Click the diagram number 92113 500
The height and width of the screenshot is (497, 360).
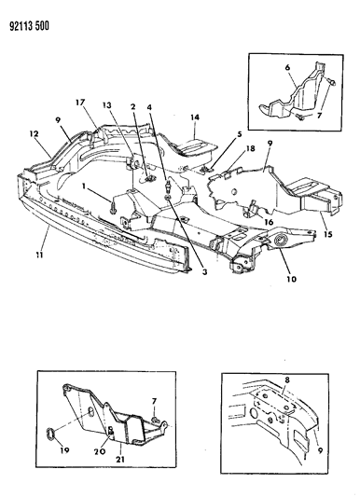click(x=30, y=26)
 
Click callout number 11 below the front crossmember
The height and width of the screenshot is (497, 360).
click(x=39, y=255)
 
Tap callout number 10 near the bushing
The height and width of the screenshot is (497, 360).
click(x=292, y=279)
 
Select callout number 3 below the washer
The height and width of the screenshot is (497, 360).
click(x=204, y=271)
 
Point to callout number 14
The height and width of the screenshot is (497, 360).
click(x=195, y=117)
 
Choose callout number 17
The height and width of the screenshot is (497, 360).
click(x=80, y=102)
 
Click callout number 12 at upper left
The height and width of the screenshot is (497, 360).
click(x=35, y=133)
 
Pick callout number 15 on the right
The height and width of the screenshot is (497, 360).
click(x=328, y=234)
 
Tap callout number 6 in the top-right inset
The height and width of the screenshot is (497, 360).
click(x=287, y=67)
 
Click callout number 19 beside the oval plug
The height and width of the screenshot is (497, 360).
click(x=64, y=450)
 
